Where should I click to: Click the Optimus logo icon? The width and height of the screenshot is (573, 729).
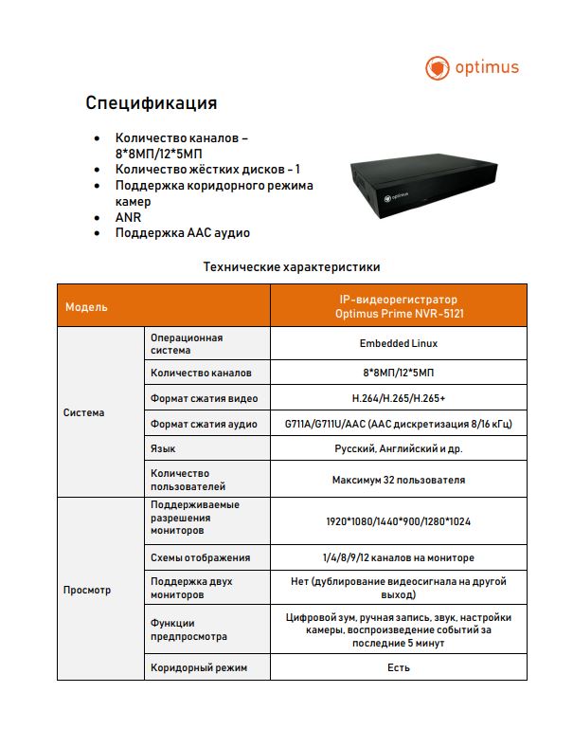click(437, 68)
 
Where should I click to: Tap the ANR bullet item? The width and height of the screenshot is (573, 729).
click(128, 217)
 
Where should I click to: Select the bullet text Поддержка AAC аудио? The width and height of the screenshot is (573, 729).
click(183, 232)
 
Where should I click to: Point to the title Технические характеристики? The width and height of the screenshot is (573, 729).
click(292, 267)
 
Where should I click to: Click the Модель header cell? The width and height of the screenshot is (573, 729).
click(86, 307)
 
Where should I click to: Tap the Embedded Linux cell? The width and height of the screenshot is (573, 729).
click(398, 343)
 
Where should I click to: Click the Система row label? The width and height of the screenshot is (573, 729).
click(84, 412)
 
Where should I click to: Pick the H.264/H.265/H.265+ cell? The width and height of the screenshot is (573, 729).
click(398, 398)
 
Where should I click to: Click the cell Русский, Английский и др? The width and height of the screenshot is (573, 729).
click(398, 447)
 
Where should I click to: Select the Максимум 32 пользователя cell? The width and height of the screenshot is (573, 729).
click(398, 480)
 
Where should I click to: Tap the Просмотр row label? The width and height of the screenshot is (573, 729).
click(87, 590)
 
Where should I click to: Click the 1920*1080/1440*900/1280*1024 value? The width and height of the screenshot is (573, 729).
click(398, 521)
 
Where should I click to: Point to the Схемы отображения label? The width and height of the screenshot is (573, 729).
click(200, 557)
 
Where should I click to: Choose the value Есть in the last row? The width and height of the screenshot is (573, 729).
click(398, 668)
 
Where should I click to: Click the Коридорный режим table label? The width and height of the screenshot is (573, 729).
click(199, 668)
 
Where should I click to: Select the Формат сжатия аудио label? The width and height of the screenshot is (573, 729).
click(204, 423)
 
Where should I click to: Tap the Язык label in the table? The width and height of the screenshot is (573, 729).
click(163, 447)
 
